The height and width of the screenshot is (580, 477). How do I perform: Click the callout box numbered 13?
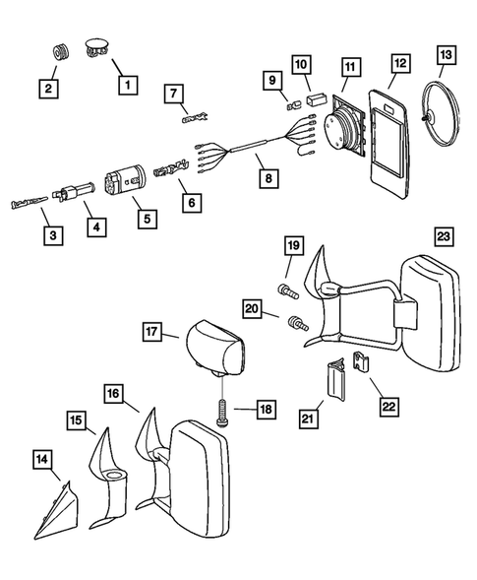pyautogui.click(x=446, y=55)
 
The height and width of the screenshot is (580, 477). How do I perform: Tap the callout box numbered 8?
pyautogui.click(x=268, y=178)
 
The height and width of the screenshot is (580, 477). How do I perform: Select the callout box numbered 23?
pyautogui.click(x=443, y=235)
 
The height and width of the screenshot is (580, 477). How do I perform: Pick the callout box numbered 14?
pyautogui.click(x=41, y=459)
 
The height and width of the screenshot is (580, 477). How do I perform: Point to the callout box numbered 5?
pyautogui.click(x=148, y=219)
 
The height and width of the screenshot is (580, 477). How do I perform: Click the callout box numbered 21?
pyautogui.click(x=308, y=419)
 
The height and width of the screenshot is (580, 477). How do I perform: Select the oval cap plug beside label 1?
pyautogui.click(x=96, y=46)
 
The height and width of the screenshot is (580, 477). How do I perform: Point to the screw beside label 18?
pyautogui.click(x=221, y=413)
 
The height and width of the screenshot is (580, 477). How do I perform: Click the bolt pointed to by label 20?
pyautogui.click(x=298, y=322)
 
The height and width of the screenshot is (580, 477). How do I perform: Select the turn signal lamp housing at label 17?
pyautogui.click(x=214, y=349)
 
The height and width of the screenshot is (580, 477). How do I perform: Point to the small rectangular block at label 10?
pyautogui.click(x=317, y=99)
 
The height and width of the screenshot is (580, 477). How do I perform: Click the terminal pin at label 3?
pyautogui.click(x=29, y=203)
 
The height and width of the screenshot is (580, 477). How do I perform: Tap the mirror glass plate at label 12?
pyautogui.click(x=388, y=143)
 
